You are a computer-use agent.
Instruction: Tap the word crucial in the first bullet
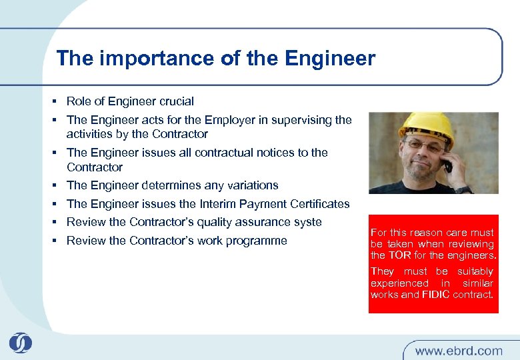tap(176, 101)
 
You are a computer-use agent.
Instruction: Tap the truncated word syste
tap(308, 222)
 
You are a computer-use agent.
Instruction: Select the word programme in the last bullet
tap(257, 241)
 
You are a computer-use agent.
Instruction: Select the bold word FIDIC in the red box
tap(436, 294)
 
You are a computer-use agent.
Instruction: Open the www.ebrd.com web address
tap(459, 350)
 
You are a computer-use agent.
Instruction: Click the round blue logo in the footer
tap(20, 344)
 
